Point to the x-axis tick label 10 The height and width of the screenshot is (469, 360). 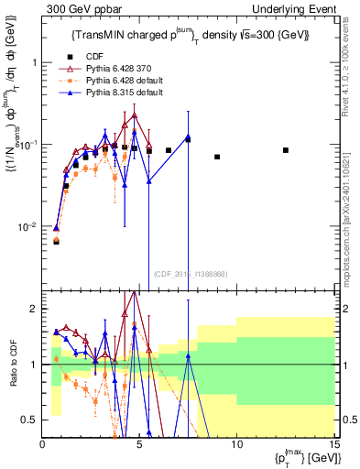[x=237, y=444]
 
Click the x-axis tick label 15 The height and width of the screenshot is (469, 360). [x=333, y=444]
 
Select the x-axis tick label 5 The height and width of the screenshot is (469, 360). [x=140, y=444]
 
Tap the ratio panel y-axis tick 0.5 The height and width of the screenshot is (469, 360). [x=31, y=420]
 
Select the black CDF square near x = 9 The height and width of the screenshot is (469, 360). [x=217, y=157]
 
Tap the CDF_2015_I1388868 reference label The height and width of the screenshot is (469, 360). [x=191, y=273]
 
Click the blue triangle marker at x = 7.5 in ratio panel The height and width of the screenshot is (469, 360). [x=188, y=358]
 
